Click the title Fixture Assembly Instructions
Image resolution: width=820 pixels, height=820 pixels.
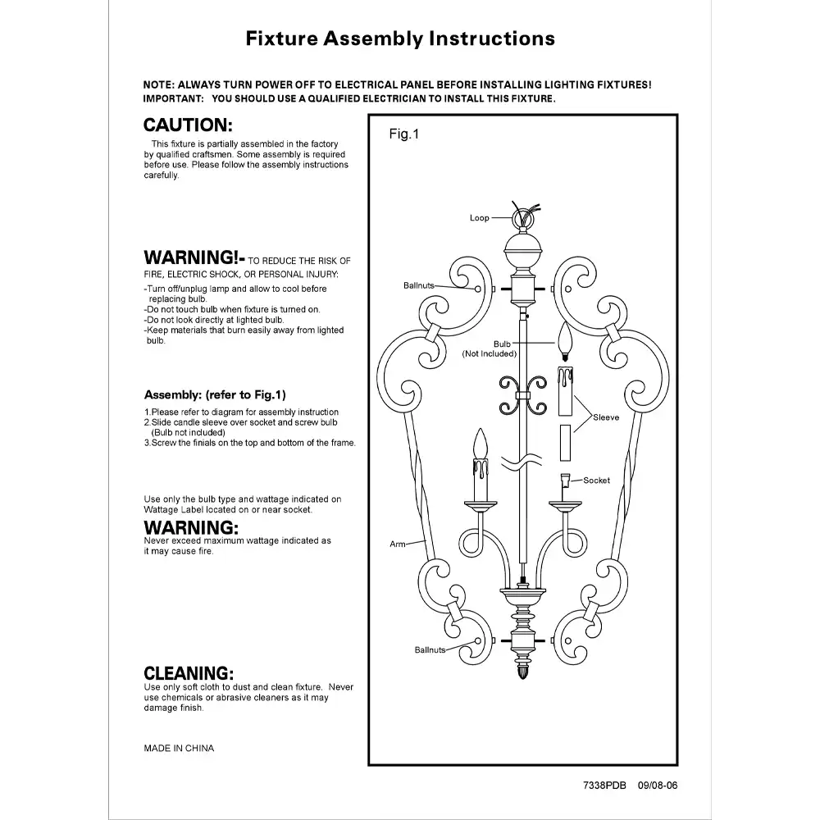(400, 39)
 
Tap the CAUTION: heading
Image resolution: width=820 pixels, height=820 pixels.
(189, 125)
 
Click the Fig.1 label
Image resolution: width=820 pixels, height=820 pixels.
(403, 135)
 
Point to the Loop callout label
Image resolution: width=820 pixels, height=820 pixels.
(480, 218)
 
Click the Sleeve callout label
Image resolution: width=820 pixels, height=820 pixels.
(606, 417)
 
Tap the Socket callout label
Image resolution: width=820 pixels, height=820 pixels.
(596, 481)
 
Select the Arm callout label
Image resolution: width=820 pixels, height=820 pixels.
(398, 544)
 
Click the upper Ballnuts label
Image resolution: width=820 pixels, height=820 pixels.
(418, 285)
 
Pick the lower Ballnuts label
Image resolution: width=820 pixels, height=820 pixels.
(430, 649)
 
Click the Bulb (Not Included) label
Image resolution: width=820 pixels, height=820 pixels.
(490, 348)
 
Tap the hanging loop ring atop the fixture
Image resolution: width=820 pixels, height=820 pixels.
(522, 220)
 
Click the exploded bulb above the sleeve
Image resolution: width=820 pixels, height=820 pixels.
(565, 339)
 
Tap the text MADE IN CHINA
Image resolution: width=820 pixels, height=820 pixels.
(179, 748)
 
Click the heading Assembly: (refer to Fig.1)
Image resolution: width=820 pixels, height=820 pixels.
(215, 394)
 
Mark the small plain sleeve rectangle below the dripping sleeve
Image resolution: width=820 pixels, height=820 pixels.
(565, 444)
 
